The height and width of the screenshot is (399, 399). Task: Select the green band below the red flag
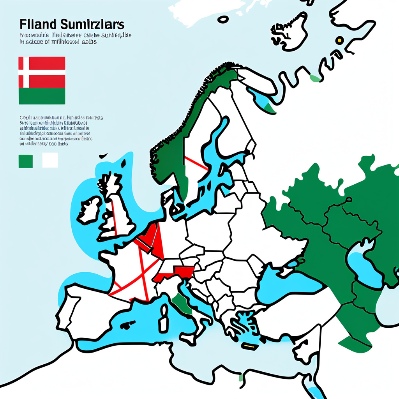point(42,96)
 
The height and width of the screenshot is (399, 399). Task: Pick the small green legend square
point(26,160)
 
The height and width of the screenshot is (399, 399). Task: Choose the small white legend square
point(50,160)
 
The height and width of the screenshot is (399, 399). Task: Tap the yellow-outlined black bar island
point(248,345)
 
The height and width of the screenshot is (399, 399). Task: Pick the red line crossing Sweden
point(196,163)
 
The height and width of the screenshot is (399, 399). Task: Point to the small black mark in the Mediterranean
point(126,325)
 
